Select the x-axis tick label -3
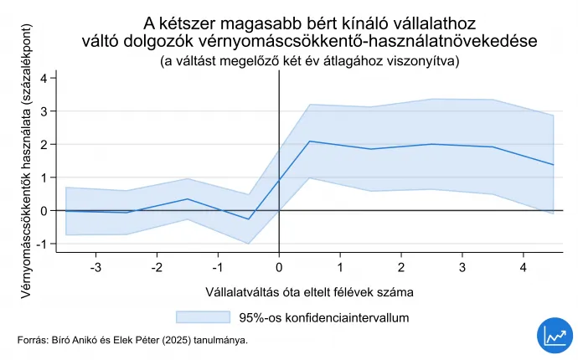pos(95,267)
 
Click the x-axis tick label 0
pos(279,267)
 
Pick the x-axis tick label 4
pos(524,267)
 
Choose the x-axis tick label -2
pos(157,267)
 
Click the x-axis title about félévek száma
pos(309,292)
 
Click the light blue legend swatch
pos(203,317)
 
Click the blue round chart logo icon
pos(553,335)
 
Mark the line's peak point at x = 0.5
pos(310,141)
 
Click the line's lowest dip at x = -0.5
pos(249,219)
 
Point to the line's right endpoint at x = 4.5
pos(554,165)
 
